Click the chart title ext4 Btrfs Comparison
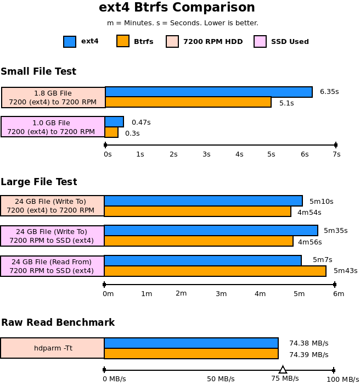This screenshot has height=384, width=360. pyautogui.click(x=177, y=8)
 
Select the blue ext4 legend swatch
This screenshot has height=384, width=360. pyautogui.click(x=70, y=42)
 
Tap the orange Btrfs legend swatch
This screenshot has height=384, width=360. pyautogui.click(x=123, y=41)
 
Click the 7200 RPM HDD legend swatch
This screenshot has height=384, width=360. pyautogui.click(x=172, y=42)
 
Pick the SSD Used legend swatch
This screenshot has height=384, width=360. pyautogui.click(x=260, y=42)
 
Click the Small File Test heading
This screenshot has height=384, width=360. pyautogui.click(x=38, y=71)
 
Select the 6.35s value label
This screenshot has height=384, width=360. pyautogui.click(x=329, y=92)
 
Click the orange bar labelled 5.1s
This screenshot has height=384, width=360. pyautogui.click(x=188, y=102)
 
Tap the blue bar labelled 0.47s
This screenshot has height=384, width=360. pyautogui.click(x=114, y=121)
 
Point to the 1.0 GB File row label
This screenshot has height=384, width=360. pyautogui.click(x=53, y=127)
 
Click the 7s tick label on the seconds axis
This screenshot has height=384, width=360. pyautogui.click(x=336, y=154)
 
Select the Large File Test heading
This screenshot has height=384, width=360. pyautogui.click(x=39, y=182)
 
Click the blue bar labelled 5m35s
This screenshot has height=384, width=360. pyautogui.click(x=211, y=231)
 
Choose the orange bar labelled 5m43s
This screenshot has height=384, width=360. pyautogui.click(x=215, y=271)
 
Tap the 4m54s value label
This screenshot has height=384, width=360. pyautogui.click(x=309, y=212)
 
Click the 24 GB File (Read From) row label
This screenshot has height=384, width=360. pyautogui.click(x=52, y=266)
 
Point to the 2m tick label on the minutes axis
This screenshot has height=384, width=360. pyautogui.click(x=181, y=293)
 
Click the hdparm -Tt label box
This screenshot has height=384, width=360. pyautogui.click(x=53, y=348)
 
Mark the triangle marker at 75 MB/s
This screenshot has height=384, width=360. pyautogui.click(x=283, y=370)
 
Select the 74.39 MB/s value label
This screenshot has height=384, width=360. pyautogui.click(x=308, y=355)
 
